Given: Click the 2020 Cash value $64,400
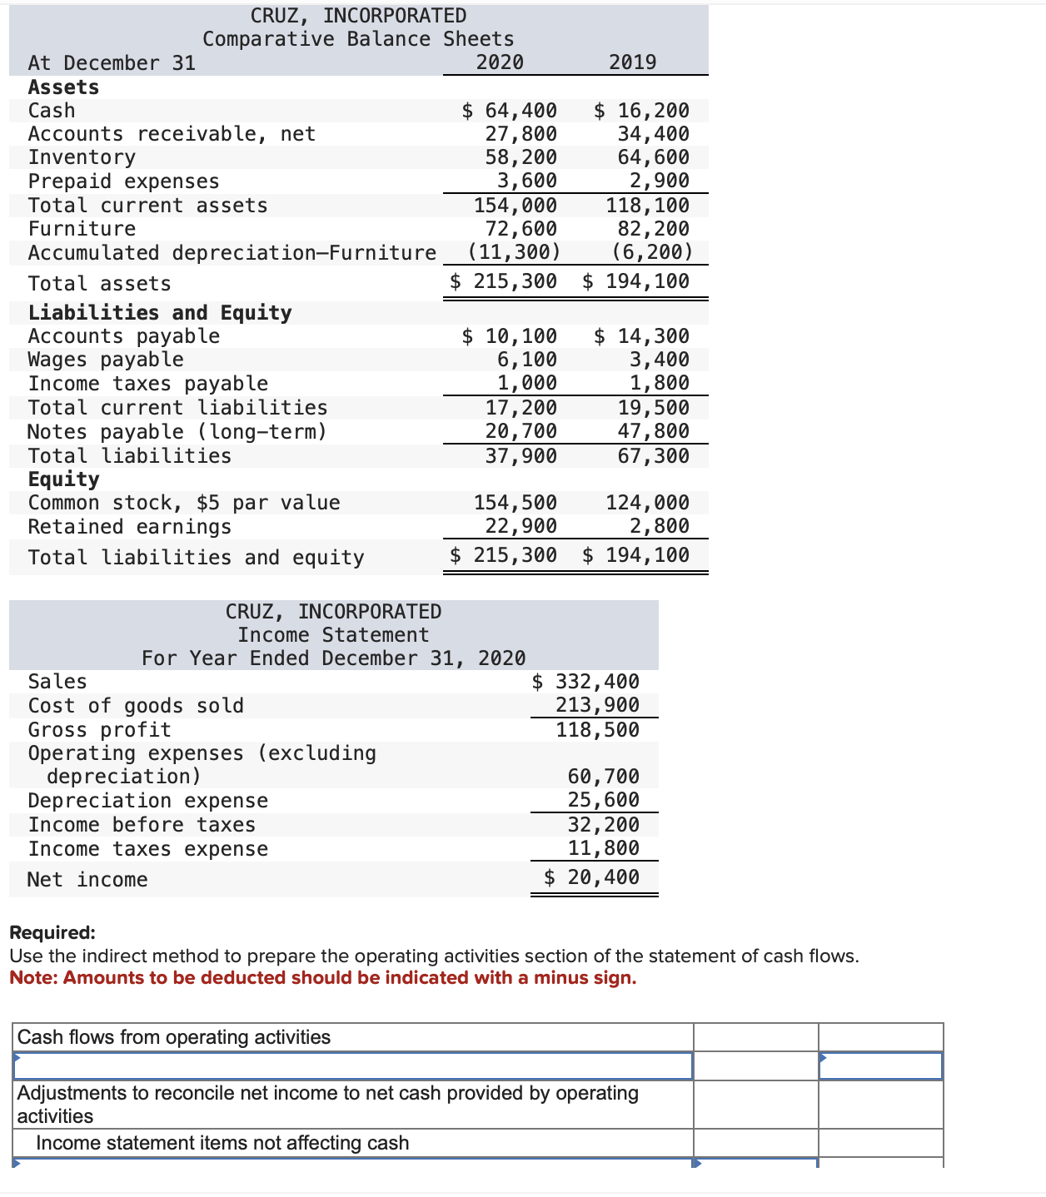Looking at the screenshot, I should [510, 111].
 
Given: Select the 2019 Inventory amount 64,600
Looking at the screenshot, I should [653, 157].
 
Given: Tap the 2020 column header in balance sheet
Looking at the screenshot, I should [500, 62].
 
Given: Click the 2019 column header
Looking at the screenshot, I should [632, 62].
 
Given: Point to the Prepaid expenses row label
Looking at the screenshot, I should [123, 181].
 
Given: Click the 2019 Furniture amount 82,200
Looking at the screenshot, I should [653, 229].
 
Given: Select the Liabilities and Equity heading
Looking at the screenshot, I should [160, 313].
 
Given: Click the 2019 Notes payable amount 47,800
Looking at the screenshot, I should [653, 431].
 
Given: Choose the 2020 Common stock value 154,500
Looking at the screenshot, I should [515, 503].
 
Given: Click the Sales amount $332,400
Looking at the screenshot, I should [585, 682].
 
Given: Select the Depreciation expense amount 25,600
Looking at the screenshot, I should [603, 800].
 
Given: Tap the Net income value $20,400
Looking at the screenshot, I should [591, 877].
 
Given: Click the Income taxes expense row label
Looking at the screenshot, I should [148, 849].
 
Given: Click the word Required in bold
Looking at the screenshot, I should [52, 933].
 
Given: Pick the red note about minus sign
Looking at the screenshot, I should [323, 978].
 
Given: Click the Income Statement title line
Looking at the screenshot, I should [333, 635].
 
